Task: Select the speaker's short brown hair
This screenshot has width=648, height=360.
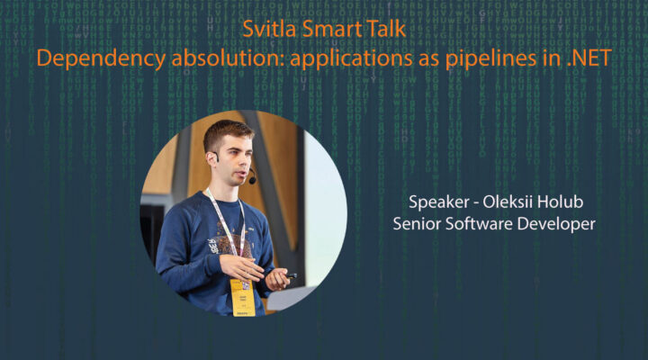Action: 226,133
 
